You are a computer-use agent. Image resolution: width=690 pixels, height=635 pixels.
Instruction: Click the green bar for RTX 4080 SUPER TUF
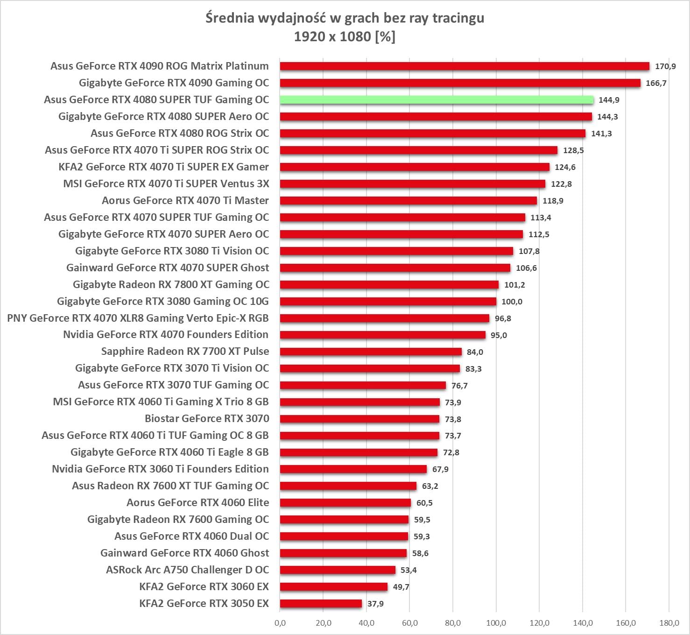pyautogui.click(x=437, y=100)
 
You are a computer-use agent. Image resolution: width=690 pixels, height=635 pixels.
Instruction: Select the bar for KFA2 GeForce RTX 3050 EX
pyautogui.click(x=321, y=604)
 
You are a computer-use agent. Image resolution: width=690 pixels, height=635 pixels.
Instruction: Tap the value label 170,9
pyautogui.click(x=665, y=66)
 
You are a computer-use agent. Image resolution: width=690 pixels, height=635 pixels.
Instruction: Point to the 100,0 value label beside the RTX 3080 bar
pyautogui.click(x=512, y=302)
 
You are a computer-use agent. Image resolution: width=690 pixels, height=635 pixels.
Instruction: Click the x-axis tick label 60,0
pyautogui.click(x=409, y=623)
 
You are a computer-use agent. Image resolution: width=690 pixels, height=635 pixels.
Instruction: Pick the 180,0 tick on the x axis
pyautogui.click(x=669, y=623)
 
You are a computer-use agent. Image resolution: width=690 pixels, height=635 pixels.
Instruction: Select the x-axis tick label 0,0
pyautogui.click(x=280, y=623)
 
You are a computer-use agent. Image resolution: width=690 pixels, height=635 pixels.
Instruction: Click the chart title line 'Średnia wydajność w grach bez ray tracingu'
pyautogui.click(x=345, y=18)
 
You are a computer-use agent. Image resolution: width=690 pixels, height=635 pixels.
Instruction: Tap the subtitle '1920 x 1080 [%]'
pyautogui.click(x=345, y=36)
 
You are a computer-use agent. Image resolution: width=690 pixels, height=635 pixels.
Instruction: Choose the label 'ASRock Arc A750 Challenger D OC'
pyautogui.click(x=187, y=570)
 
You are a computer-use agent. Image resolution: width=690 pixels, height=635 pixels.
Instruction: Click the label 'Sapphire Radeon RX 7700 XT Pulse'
pyautogui.click(x=185, y=351)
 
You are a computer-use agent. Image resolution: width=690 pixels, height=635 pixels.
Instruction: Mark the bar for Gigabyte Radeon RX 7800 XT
pyautogui.click(x=389, y=285)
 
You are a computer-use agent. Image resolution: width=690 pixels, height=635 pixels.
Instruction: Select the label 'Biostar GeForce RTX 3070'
pyautogui.click(x=207, y=418)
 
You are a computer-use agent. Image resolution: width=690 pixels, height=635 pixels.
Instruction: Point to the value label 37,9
pyautogui.click(x=375, y=604)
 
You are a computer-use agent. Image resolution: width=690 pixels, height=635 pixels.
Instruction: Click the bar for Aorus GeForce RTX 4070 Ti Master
pyautogui.click(x=408, y=201)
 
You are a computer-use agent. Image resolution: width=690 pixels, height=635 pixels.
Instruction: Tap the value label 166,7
pyautogui.click(x=656, y=83)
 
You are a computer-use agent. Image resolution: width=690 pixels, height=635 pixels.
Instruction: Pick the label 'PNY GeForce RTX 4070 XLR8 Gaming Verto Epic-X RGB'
pyautogui.click(x=138, y=318)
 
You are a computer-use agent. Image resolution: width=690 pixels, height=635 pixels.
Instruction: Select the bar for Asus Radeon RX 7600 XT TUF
pyautogui.click(x=348, y=486)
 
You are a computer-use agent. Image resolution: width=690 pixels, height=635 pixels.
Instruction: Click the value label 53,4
pyautogui.click(x=408, y=570)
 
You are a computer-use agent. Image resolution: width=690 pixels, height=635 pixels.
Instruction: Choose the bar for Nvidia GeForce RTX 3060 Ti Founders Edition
pyautogui.click(x=353, y=469)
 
